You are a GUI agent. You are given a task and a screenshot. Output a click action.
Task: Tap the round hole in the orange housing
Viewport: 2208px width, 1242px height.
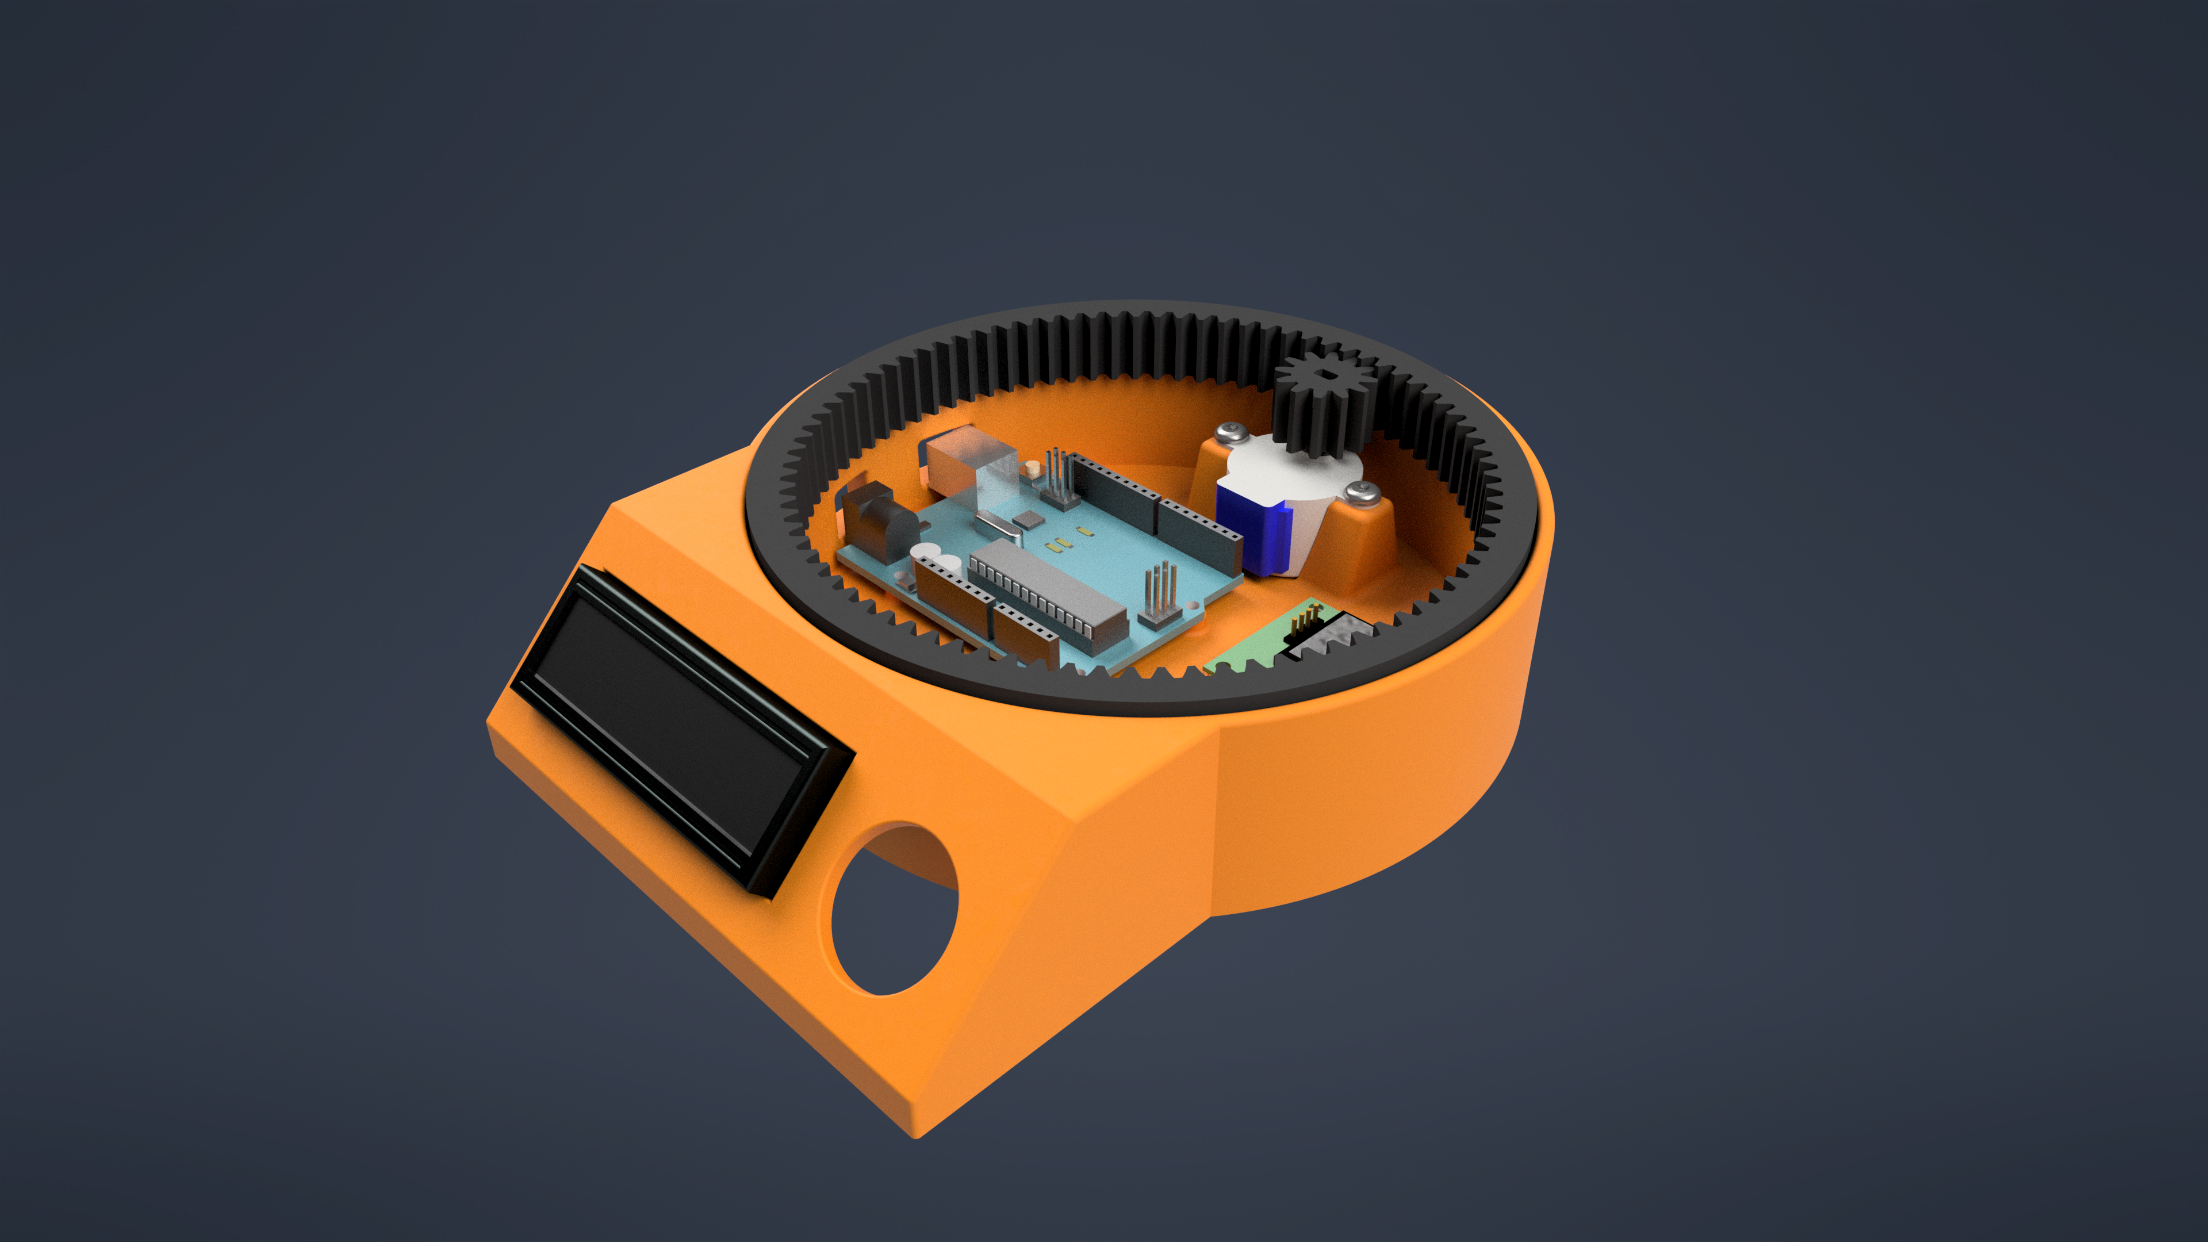coord(894,910)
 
